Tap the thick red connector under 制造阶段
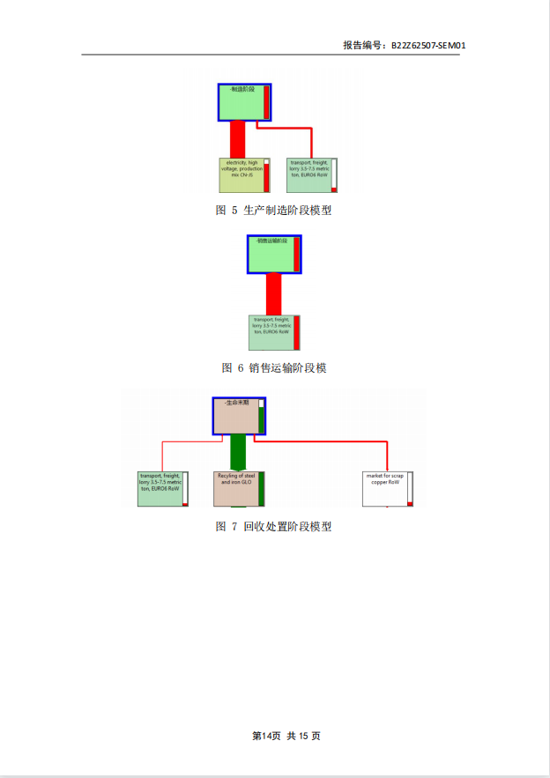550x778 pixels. (237, 139)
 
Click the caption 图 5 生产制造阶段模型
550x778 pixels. (273, 211)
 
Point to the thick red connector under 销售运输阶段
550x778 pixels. (273, 293)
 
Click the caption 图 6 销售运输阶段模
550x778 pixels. (273, 368)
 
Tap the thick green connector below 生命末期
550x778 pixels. (237, 453)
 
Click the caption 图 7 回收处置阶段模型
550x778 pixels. (273, 527)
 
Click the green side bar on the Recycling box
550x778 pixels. (262, 487)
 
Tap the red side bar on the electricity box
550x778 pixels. (266, 176)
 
